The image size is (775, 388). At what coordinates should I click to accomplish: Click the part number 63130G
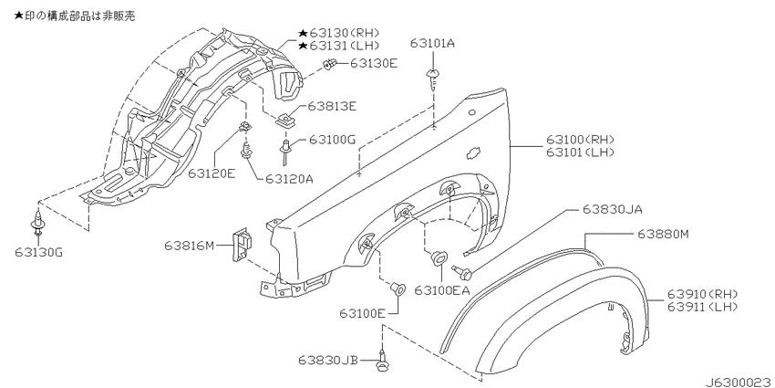[x=39, y=252]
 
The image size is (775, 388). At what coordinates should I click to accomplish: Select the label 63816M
[x=190, y=245]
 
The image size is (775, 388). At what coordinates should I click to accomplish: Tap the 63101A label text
[x=432, y=44]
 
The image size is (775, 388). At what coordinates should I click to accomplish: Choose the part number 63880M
[x=662, y=234]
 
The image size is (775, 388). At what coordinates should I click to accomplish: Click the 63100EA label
[x=441, y=289]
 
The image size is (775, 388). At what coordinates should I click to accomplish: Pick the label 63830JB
[x=327, y=360]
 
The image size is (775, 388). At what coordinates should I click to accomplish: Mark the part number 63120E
[x=211, y=173]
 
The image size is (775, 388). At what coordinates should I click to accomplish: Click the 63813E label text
[x=332, y=106]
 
